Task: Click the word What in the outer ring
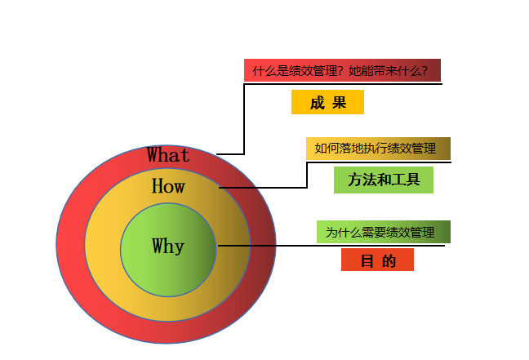(x=168, y=155)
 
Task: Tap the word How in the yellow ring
(x=168, y=187)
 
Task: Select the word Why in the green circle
(x=168, y=246)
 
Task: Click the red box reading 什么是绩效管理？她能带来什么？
(x=342, y=70)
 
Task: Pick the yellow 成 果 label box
(x=327, y=103)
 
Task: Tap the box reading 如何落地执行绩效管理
(x=378, y=149)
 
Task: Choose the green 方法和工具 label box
(x=383, y=180)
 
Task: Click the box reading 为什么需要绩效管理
(x=383, y=232)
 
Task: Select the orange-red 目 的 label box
(x=377, y=260)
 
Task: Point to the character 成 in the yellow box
(x=318, y=103)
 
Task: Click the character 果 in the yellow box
(x=339, y=103)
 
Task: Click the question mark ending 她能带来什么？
(x=425, y=71)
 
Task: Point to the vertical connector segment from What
(x=244, y=118)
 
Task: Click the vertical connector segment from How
(x=307, y=175)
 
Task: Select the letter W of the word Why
(x=158, y=246)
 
